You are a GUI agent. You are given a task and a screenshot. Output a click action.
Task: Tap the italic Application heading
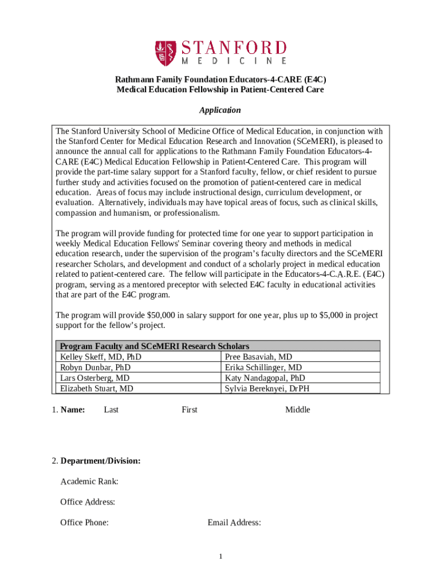tap(220, 110)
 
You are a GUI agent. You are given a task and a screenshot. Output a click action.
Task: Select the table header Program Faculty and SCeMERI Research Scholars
tap(155, 346)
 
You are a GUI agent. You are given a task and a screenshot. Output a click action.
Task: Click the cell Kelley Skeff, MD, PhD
tap(101, 357)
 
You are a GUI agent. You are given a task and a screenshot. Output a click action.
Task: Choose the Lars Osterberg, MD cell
tap(94, 378)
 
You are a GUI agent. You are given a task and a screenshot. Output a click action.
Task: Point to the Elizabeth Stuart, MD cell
tap(97, 389)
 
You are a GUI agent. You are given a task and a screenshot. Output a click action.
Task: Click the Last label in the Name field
tap(111, 410)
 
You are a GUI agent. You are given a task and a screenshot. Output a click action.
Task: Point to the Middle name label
tap(298, 410)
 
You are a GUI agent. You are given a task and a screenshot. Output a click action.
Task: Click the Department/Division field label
tap(101, 461)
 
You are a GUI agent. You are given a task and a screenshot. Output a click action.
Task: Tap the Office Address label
tap(88, 502)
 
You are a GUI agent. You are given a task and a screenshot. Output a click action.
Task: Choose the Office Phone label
tap(85, 523)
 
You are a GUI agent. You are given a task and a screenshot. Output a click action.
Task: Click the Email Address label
tap(235, 523)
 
